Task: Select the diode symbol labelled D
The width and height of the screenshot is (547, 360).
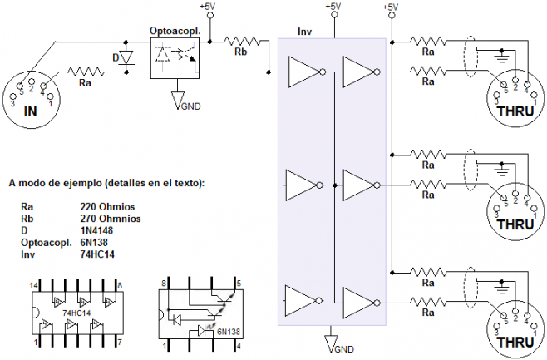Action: tap(126, 58)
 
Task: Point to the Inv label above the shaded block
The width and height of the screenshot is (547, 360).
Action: tap(304, 31)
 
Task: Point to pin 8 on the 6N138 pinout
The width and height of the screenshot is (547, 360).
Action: tap(164, 284)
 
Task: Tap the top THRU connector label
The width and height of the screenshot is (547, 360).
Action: tap(515, 110)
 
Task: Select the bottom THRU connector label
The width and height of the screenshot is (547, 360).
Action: tap(515, 341)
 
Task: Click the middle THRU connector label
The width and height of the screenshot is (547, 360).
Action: tap(515, 224)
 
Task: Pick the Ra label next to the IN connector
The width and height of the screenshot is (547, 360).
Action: tap(86, 83)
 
